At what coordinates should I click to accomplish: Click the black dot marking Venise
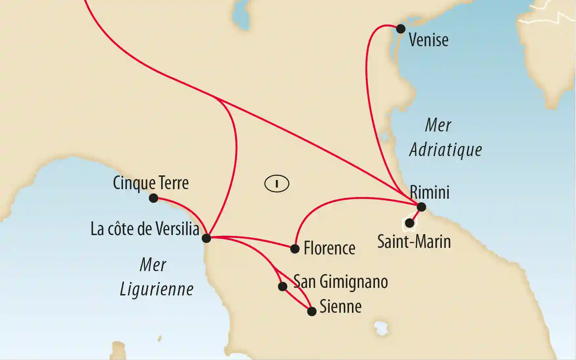coord(401,29)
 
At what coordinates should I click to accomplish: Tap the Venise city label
coord(428,40)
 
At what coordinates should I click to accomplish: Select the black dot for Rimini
coord(421,207)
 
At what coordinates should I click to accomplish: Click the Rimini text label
coord(429,192)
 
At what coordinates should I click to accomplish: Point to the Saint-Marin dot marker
coord(409,223)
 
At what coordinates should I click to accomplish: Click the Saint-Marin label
coord(414,242)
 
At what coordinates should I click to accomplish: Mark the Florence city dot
coord(295,249)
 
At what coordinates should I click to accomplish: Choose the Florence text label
coord(329,248)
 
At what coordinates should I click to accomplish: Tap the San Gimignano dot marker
coord(282,287)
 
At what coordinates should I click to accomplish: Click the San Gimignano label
coord(340,282)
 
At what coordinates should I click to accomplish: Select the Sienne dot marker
coord(312,311)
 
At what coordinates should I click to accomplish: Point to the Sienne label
coord(340,307)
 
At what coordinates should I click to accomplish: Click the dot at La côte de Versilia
coord(206,238)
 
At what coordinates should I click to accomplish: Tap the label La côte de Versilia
coord(145,229)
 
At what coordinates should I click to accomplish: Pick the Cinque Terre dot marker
coord(154,198)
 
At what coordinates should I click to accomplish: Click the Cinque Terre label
coord(151,183)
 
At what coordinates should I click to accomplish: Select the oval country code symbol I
coord(277,184)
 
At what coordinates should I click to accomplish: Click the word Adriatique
coord(445,150)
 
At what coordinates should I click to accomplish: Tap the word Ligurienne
coord(156,290)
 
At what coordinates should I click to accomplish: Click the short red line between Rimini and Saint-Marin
coord(416,215)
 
